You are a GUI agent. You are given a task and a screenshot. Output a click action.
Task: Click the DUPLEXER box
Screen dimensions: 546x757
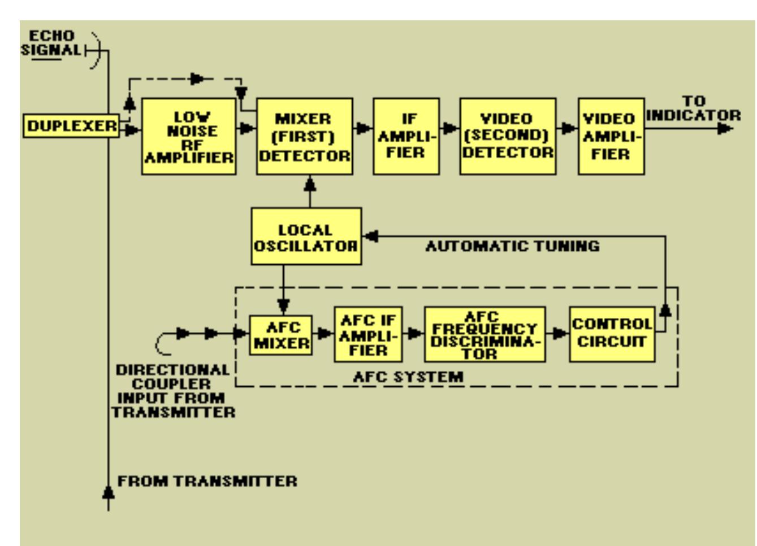tap(71, 125)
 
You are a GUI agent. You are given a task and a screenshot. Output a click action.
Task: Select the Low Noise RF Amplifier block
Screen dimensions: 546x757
tap(188, 137)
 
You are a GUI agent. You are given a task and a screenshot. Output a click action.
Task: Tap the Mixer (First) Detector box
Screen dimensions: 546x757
tap(304, 137)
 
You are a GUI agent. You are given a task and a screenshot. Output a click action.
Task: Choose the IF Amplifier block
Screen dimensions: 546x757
tap(406, 137)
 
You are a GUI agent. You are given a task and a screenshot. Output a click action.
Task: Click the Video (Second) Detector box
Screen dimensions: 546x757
tap(507, 137)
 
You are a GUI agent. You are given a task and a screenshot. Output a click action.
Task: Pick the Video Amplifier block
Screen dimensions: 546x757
tap(611, 137)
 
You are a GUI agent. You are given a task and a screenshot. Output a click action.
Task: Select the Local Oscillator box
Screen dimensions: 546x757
tap(306, 237)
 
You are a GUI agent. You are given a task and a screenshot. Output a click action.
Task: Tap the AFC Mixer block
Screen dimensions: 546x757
tap(281, 335)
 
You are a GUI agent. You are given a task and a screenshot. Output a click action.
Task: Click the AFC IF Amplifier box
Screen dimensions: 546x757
tap(368, 335)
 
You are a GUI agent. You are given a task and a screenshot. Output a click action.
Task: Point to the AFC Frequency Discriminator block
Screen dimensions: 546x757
tap(485, 335)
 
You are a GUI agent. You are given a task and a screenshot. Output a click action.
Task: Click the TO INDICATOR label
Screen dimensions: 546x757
tap(693, 108)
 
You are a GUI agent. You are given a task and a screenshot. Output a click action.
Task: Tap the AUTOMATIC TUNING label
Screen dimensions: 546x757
tap(512, 246)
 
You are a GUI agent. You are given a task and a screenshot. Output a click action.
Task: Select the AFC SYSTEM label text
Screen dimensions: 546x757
tap(408, 377)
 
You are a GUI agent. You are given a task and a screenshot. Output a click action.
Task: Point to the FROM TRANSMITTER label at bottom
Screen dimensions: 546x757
tap(207, 482)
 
